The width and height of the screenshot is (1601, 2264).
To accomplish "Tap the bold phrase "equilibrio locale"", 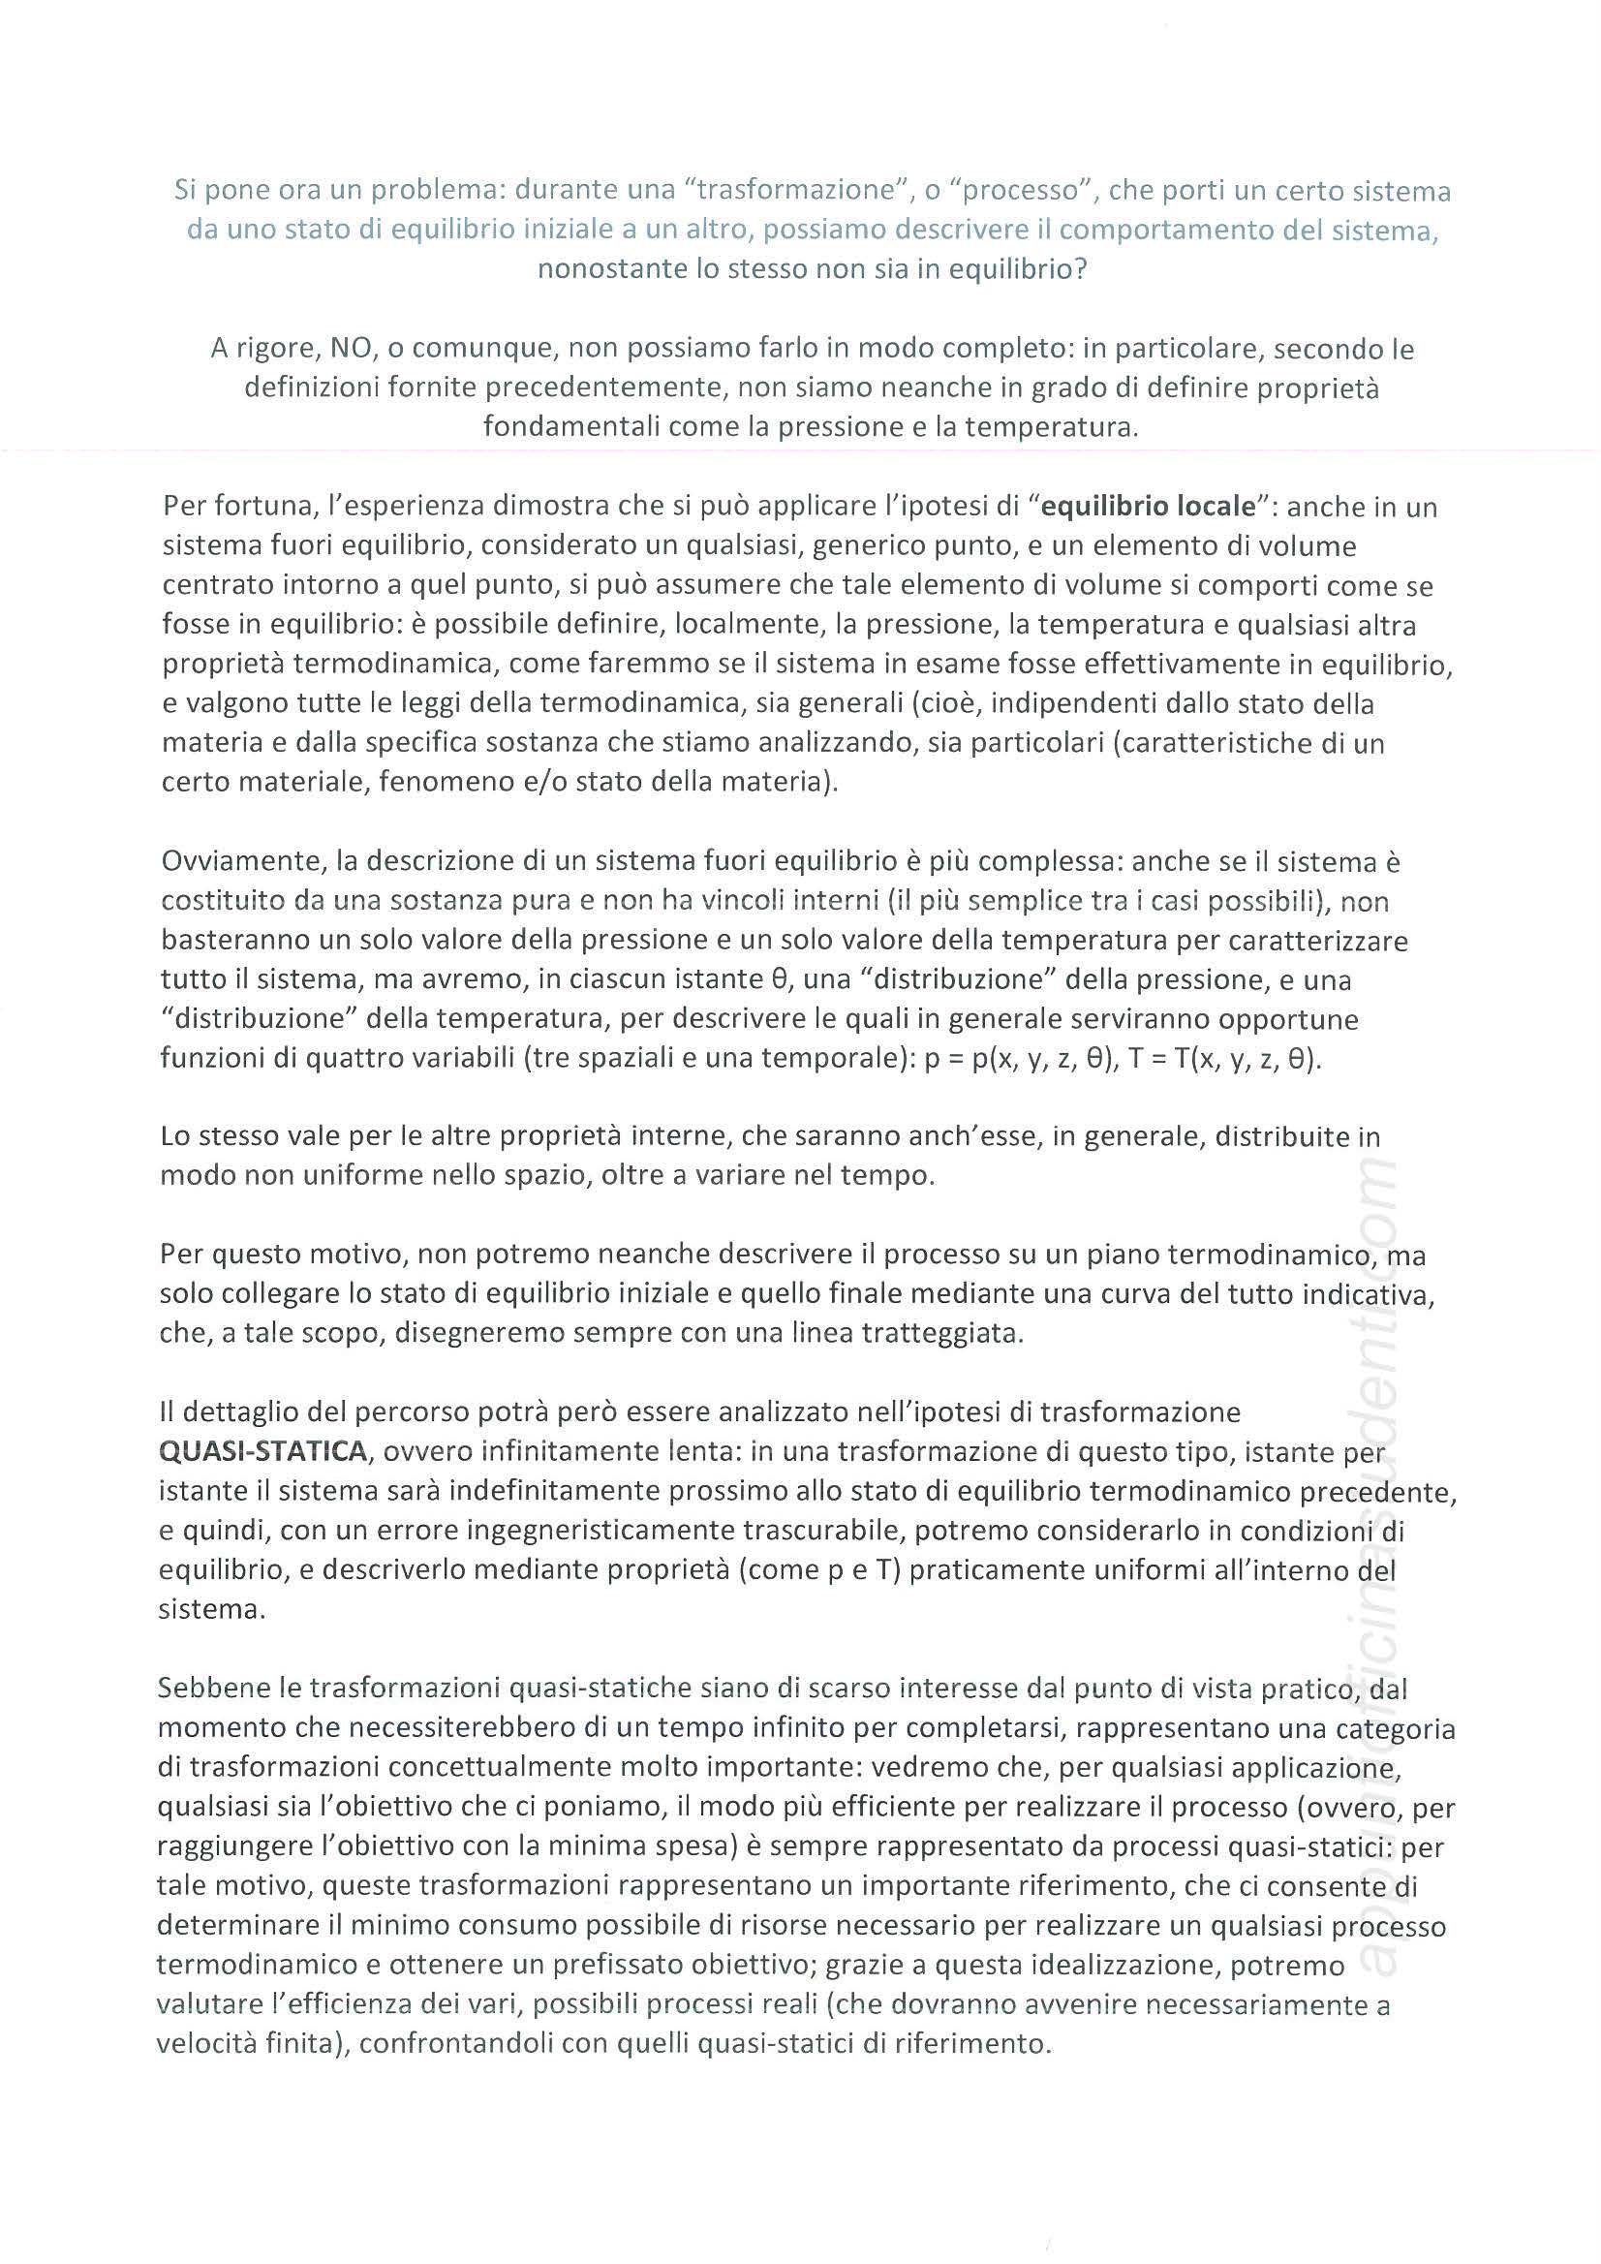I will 1149,507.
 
